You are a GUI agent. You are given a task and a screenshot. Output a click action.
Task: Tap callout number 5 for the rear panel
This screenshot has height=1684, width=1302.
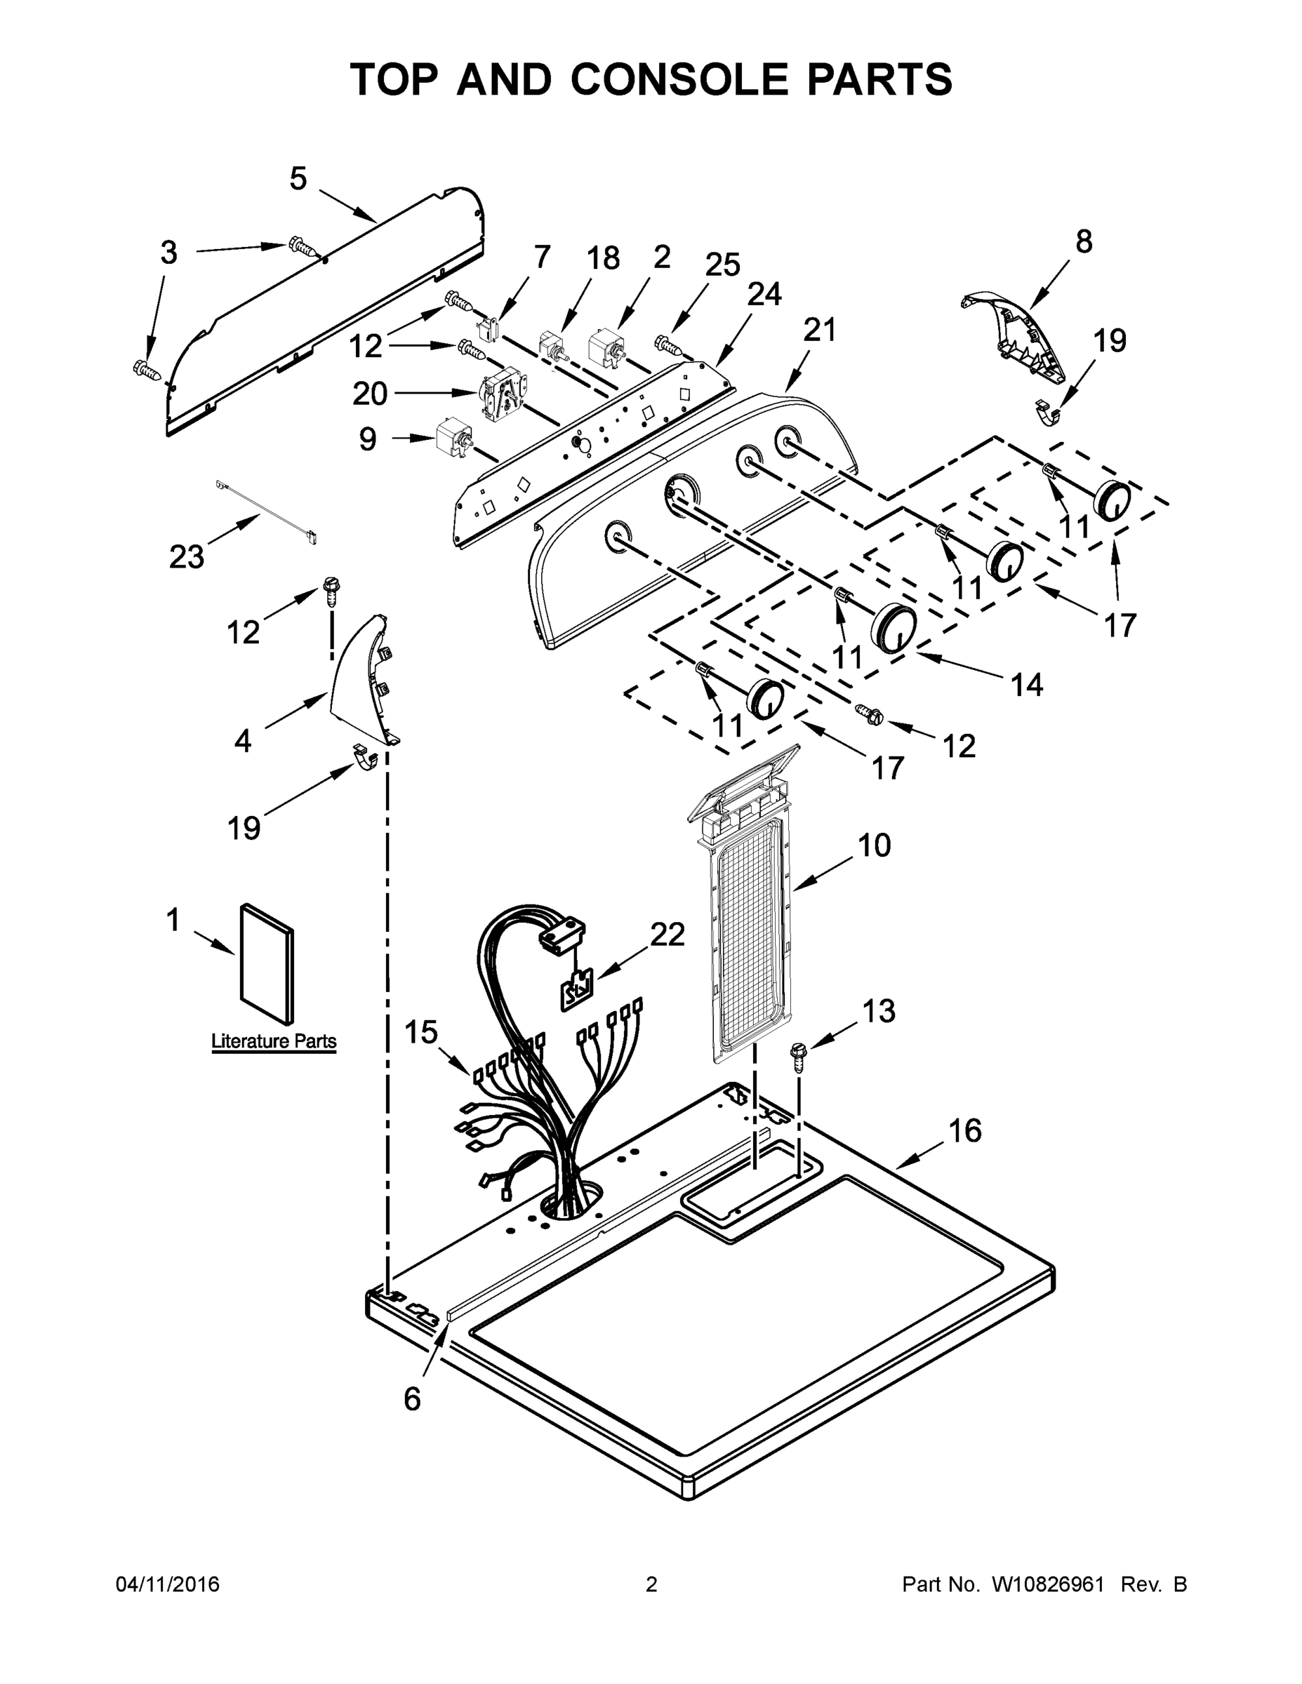pyautogui.click(x=298, y=179)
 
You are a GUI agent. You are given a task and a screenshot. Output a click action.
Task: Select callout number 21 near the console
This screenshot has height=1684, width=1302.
pyautogui.click(x=819, y=330)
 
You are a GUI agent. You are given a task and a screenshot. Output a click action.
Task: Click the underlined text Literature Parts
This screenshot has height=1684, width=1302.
pyautogui.click(x=274, y=1041)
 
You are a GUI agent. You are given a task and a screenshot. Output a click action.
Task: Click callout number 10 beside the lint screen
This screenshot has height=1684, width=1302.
pyautogui.click(x=874, y=845)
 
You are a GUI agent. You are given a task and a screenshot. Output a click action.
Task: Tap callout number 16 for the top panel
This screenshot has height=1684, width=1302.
pyautogui.click(x=965, y=1131)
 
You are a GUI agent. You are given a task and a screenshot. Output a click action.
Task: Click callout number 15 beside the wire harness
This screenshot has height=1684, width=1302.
pyautogui.click(x=421, y=1031)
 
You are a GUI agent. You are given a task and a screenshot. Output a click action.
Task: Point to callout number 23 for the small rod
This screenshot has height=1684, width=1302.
pyautogui.click(x=187, y=556)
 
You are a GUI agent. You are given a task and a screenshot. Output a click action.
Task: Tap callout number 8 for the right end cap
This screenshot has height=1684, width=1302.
pyautogui.click(x=1084, y=241)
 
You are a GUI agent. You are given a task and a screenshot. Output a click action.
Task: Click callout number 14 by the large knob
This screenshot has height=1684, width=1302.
pyautogui.click(x=1027, y=684)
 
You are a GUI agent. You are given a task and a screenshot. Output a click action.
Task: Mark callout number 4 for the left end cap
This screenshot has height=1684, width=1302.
pyautogui.click(x=243, y=741)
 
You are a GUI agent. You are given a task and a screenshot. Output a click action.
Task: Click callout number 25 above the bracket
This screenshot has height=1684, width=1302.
pyautogui.click(x=723, y=265)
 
